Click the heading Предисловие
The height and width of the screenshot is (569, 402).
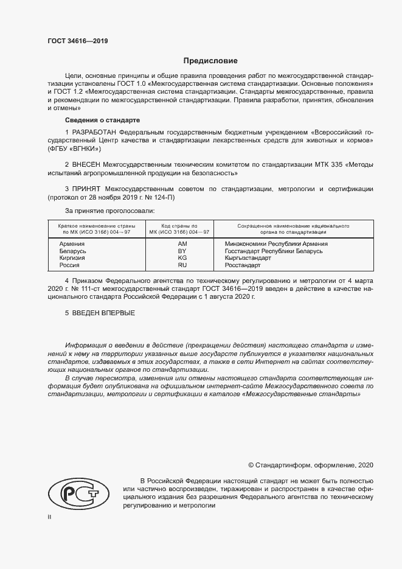pos(210,61)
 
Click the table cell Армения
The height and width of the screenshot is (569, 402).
pos(72,243)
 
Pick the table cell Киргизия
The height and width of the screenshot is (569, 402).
pos(72,258)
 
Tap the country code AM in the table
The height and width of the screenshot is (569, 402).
pos(182,243)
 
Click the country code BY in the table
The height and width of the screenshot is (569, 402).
pos(182,251)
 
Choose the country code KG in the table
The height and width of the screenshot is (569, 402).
pos(182,258)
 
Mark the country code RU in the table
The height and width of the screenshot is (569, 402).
pos(182,265)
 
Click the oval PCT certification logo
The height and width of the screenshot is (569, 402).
pos(77,491)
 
